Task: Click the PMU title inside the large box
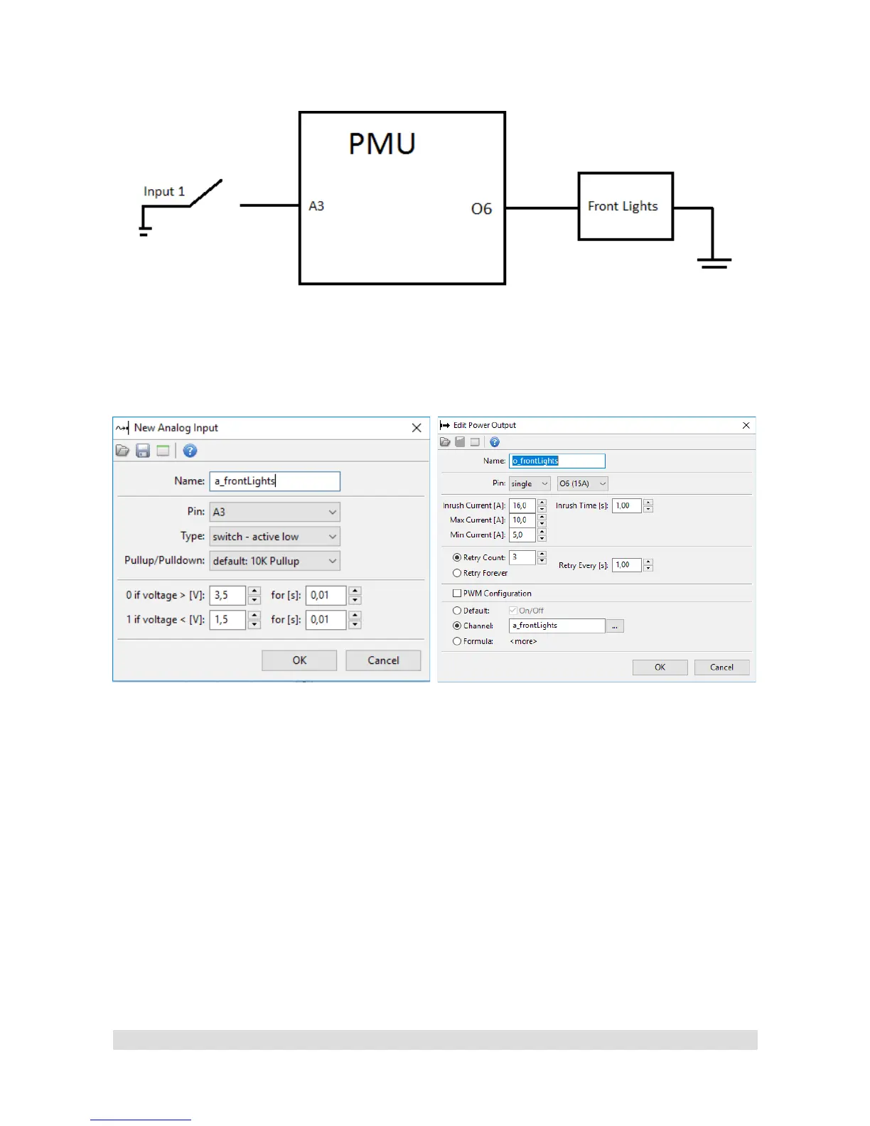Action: (x=382, y=144)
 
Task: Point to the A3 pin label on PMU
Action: (x=316, y=206)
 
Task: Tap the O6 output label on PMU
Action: (x=481, y=209)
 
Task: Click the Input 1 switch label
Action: (x=164, y=191)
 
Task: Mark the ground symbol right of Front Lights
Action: (x=714, y=263)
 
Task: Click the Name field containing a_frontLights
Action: (x=274, y=481)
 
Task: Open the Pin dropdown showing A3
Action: (x=274, y=512)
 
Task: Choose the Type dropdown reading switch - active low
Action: (x=274, y=537)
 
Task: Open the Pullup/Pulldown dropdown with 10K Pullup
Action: (x=274, y=561)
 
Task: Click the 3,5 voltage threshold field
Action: (x=227, y=596)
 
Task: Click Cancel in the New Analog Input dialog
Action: (x=383, y=660)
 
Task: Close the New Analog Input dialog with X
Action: (x=417, y=428)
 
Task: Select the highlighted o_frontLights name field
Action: (x=557, y=461)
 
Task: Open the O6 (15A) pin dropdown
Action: (x=582, y=483)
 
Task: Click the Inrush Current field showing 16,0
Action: (x=522, y=506)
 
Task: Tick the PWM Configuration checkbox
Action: (x=457, y=594)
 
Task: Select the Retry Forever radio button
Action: (x=457, y=573)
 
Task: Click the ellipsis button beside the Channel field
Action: (x=615, y=626)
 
